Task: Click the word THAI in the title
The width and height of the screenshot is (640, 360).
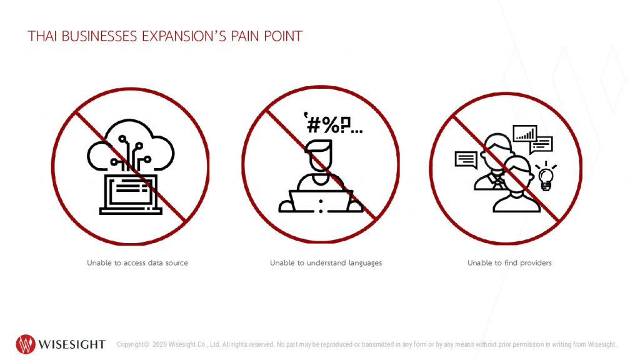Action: pyautogui.click(x=41, y=36)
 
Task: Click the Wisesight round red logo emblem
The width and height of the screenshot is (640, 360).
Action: pyautogui.click(x=25, y=344)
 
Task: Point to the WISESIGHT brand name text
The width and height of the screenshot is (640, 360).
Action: pyautogui.click(x=72, y=344)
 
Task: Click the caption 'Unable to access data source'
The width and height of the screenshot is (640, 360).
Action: pyautogui.click(x=137, y=263)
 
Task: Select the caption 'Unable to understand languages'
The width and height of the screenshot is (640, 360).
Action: pyautogui.click(x=326, y=263)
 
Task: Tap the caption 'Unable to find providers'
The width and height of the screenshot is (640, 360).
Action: pyautogui.click(x=509, y=263)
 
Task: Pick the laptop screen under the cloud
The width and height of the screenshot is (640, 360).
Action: pyautogui.click(x=131, y=191)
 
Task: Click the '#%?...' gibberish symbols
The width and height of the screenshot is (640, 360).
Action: pyautogui.click(x=333, y=123)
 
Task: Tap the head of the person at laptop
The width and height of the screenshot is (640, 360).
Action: pyautogui.click(x=321, y=156)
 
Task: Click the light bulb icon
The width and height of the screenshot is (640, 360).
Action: pyautogui.click(x=546, y=176)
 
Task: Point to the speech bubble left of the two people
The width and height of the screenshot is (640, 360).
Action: pyautogui.click(x=466, y=159)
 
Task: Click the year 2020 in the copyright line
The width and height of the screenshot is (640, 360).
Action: pyautogui.click(x=159, y=344)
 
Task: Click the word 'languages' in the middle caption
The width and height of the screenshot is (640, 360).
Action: pyautogui.click(x=365, y=263)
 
